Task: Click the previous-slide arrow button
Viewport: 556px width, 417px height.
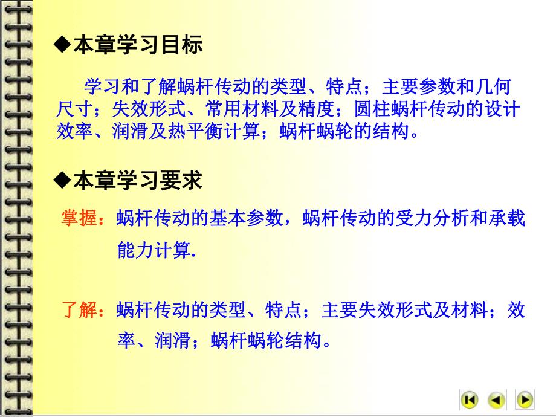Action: click(497, 399)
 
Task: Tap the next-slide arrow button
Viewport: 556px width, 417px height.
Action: click(525, 399)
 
